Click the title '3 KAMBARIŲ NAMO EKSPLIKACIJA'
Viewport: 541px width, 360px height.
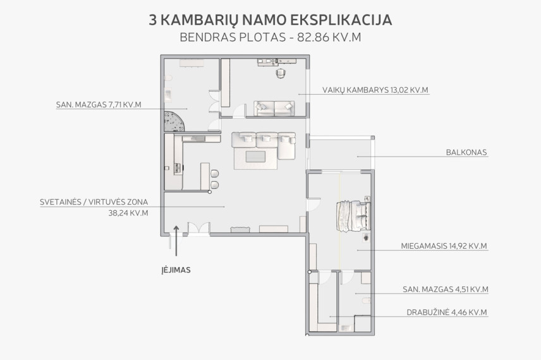coord(270,20)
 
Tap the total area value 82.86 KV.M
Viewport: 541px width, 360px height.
coord(329,37)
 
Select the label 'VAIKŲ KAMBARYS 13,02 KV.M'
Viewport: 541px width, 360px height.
coord(375,90)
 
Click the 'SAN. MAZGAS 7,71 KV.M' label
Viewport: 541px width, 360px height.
coord(99,105)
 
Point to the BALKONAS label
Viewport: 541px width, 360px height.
coord(466,152)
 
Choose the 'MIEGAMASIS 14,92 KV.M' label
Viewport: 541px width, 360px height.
coord(444,246)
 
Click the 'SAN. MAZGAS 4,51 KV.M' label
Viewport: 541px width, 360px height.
coord(446,289)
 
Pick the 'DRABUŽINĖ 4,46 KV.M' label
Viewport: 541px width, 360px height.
coord(447,313)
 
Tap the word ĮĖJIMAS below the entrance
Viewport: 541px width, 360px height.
coord(176,270)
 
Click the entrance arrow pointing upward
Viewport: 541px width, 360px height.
coord(176,241)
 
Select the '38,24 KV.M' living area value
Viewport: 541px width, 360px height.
coord(128,213)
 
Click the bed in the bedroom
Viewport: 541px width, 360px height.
coord(354,217)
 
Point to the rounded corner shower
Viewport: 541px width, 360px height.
coord(174,121)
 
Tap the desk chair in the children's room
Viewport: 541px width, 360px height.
coord(281,73)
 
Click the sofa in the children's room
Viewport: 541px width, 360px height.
coord(274,109)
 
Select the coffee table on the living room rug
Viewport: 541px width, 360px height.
coord(255,157)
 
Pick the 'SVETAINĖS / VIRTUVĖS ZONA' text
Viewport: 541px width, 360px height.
coord(94,202)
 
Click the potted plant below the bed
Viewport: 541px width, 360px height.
coord(365,237)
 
